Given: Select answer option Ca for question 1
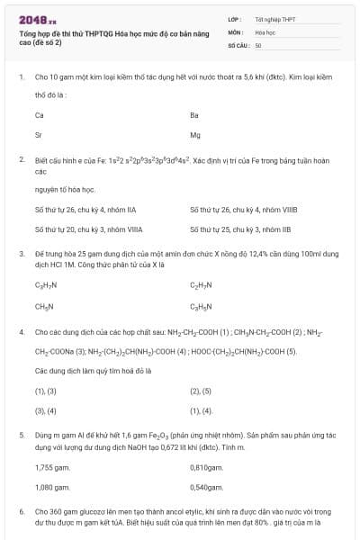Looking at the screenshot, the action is [40, 115].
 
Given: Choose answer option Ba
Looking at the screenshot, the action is [194, 115].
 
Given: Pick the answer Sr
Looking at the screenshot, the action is [39, 135].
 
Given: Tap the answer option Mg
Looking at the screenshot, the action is [195, 135].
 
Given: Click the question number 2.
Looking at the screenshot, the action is [21, 159].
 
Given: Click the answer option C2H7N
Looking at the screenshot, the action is [200, 286].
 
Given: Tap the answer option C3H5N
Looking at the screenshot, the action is [200, 306].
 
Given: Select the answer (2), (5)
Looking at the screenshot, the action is [200, 391].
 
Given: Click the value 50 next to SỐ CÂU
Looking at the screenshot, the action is [258, 44].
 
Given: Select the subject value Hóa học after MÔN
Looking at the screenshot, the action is [265, 31].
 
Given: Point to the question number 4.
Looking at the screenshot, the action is [21, 332].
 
